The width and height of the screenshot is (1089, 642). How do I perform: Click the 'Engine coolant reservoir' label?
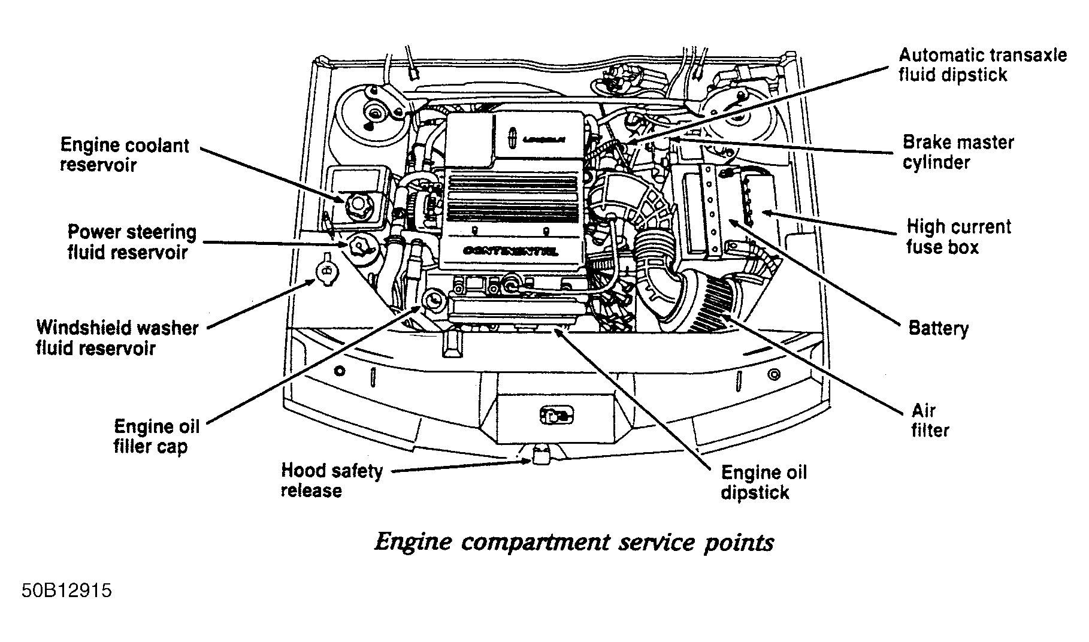(x=125, y=155)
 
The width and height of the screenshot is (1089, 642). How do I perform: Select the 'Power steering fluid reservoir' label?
(x=132, y=242)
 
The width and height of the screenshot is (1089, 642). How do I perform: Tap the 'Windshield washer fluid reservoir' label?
(x=117, y=338)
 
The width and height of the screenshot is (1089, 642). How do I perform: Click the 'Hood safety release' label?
(x=331, y=480)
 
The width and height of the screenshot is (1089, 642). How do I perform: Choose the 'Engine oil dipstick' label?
(x=764, y=482)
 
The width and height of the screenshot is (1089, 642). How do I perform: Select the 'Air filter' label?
(x=930, y=420)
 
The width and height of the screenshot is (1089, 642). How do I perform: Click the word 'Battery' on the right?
(x=938, y=328)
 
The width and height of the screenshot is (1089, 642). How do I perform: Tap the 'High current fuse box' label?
(x=958, y=237)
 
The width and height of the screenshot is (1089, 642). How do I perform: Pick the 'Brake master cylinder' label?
(x=958, y=152)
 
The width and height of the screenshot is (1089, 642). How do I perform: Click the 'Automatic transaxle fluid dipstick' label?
(x=982, y=65)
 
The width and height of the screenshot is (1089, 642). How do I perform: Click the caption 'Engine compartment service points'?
(x=574, y=543)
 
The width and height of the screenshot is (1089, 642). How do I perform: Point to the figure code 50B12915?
(x=66, y=591)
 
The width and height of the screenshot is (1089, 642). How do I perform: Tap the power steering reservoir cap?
(x=359, y=245)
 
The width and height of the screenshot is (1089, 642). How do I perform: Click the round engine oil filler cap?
(x=433, y=299)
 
